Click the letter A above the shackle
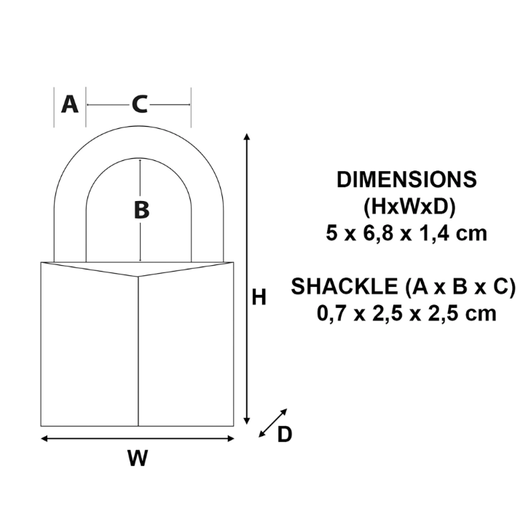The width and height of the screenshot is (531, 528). click(70, 104)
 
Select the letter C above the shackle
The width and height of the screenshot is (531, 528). click(140, 104)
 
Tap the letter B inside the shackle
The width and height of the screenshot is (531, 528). click(141, 210)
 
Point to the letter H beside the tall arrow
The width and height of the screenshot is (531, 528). click(259, 297)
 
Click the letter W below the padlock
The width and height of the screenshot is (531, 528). click(138, 458)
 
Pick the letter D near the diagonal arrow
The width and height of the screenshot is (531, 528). click(285, 434)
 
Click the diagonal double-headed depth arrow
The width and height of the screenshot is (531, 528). click(273, 422)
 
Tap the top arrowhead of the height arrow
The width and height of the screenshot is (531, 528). click(247, 136)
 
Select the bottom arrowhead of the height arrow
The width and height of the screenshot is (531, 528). click(247, 421)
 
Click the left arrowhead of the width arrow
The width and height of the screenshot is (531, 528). click(44, 438)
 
